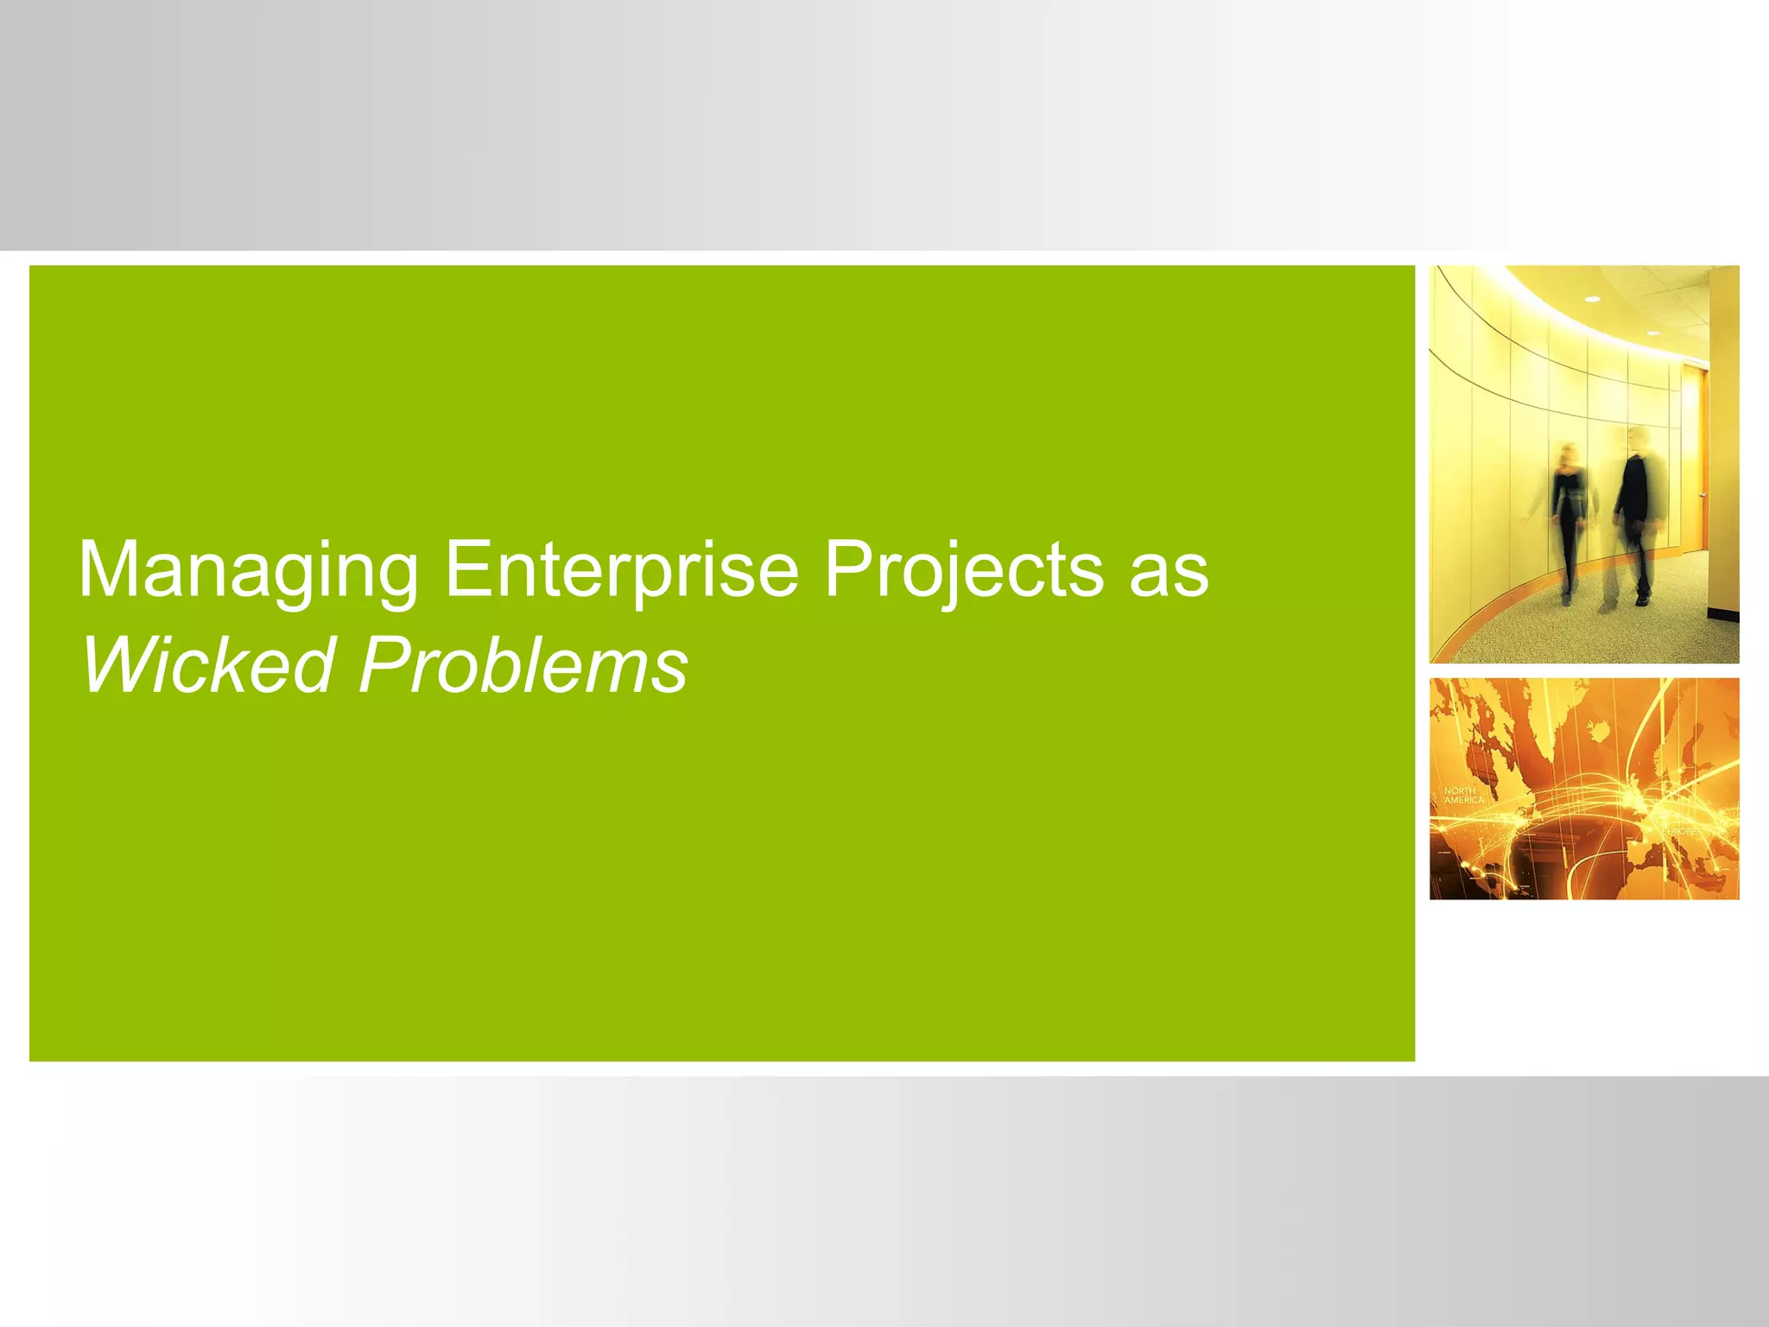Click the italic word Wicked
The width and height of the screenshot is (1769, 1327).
207,665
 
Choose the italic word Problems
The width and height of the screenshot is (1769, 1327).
523,665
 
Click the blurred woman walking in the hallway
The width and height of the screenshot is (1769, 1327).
1569,518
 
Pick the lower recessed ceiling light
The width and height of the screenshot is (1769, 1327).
1652,333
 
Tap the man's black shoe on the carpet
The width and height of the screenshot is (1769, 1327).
1641,599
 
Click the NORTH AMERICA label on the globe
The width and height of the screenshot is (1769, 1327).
1463,796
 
